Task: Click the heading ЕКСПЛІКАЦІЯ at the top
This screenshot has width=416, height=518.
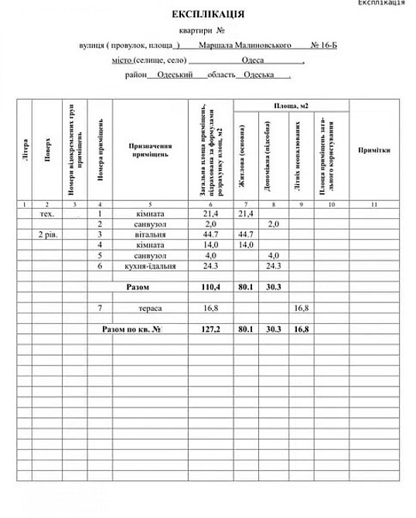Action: [208, 14]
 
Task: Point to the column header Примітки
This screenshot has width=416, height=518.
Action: [373, 150]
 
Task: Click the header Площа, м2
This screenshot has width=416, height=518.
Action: [291, 106]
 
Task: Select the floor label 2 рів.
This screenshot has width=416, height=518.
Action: [48, 234]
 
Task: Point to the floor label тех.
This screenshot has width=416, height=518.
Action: [47, 213]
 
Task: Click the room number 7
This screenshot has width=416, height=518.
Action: [101, 308]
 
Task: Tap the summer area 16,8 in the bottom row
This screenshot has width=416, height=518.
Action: [301, 329]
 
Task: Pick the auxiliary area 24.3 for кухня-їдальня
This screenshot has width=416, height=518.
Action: [273, 266]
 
